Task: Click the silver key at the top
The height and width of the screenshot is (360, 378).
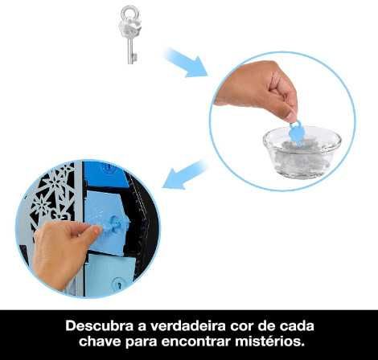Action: [128, 35]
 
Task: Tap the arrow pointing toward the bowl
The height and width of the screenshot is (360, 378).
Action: [186, 63]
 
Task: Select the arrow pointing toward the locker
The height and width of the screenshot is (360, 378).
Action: [185, 175]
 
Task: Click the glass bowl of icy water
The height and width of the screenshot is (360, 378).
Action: [302, 152]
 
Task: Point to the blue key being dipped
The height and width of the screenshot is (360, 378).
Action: [296, 134]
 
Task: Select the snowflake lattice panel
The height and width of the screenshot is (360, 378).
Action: [51, 193]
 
